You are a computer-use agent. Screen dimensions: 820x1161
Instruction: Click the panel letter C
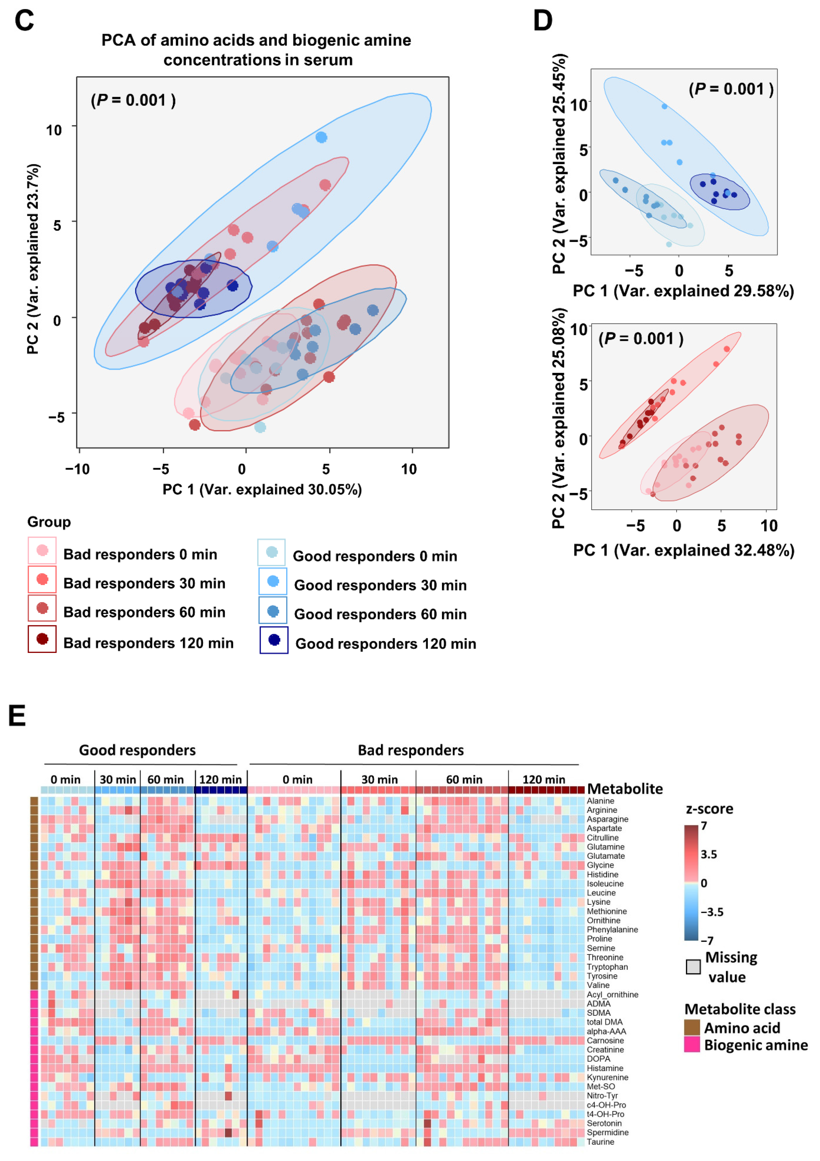tap(24, 21)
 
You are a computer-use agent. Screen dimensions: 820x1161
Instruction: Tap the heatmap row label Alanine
tap(601, 801)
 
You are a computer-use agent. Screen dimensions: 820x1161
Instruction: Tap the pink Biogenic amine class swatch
tap(692, 1044)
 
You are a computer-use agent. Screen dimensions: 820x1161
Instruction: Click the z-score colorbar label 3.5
tap(709, 855)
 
